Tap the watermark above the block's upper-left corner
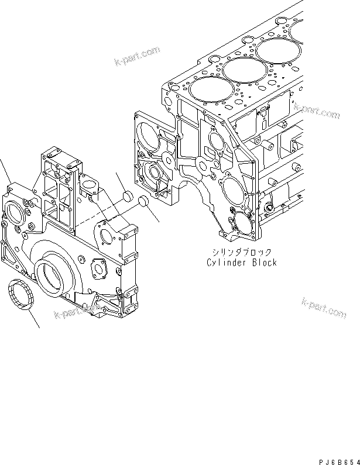click(x=138, y=57)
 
